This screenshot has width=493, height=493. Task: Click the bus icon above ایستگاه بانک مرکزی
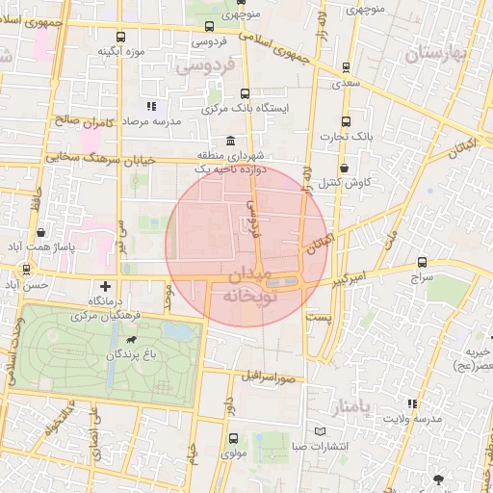pyautogui.click(x=244, y=93)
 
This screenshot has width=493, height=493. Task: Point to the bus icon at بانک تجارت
pyautogui.click(x=346, y=122)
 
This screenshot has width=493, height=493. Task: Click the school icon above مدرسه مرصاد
pyautogui.click(x=150, y=106)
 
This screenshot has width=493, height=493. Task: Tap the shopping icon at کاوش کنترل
pyautogui.click(x=345, y=168)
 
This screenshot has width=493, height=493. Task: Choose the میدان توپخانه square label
pyautogui.click(x=248, y=287)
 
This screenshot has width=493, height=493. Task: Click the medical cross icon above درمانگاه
pyautogui.click(x=105, y=286)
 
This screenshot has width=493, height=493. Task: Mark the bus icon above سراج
pyautogui.click(x=423, y=262)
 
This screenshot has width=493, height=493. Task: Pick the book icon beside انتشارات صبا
pyautogui.click(x=321, y=431)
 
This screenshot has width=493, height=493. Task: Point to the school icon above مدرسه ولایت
pyautogui.click(x=413, y=403)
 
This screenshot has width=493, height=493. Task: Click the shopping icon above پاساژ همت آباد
pyautogui.click(x=41, y=232)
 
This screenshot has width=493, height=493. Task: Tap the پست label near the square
pyautogui.click(x=317, y=316)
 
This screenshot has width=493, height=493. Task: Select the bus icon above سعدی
pyautogui.click(x=346, y=68)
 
